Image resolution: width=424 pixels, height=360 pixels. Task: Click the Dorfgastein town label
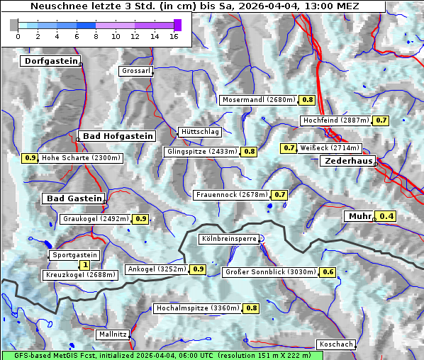pyautogui.click(x=50, y=62)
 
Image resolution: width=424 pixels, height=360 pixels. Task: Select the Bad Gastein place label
pyautogui.click(x=74, y=198)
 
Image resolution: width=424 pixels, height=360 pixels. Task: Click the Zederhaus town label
pyautogui.click(x=348, y=162)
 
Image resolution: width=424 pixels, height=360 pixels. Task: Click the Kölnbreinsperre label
pyautogui.click(x=228, y=240)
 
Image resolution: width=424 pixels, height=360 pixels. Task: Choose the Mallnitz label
pyautogui.click(x=113, y=334)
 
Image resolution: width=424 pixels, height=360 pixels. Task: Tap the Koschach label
pyautogui.click(x=335, y=344)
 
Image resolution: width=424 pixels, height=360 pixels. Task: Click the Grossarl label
pyautogui.click(x=135, y=72)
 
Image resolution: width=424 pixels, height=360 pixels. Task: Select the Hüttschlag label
pyautogui.click(x=200, y=132)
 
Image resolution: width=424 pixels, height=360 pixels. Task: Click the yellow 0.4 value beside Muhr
pyautogui.click(x=386, y=216)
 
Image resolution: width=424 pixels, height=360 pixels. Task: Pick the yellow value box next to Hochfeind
pyautogui.click(x=381, y=120)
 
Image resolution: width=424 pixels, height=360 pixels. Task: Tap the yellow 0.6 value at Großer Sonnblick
pyautogui.click(x=328, y=272)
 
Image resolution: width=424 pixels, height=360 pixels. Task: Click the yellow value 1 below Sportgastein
pyautogui.click(x=85, y=264)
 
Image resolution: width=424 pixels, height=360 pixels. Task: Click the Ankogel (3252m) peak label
pyautogui.click(x=156, y=269)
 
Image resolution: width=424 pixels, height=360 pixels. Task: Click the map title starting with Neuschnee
pyautogui.click(x=194, y=6)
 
